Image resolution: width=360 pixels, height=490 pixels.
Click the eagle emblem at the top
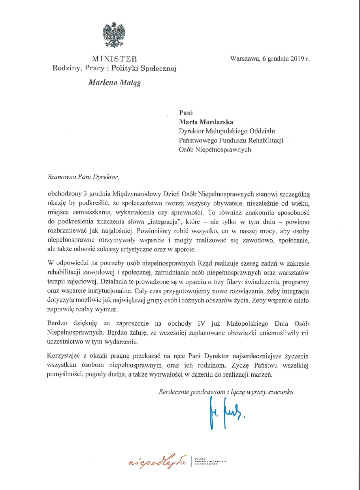(x=114, y=36)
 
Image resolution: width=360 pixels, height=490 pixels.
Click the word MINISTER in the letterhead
(x=114, y=59)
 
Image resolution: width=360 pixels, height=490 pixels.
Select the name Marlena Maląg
(x=114, y=83)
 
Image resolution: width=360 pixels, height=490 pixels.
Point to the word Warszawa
(x=244, y=58)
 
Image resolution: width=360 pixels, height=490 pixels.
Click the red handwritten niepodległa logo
(x=158, y=460)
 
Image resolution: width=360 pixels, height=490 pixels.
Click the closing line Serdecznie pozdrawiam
(x=226, y=392)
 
